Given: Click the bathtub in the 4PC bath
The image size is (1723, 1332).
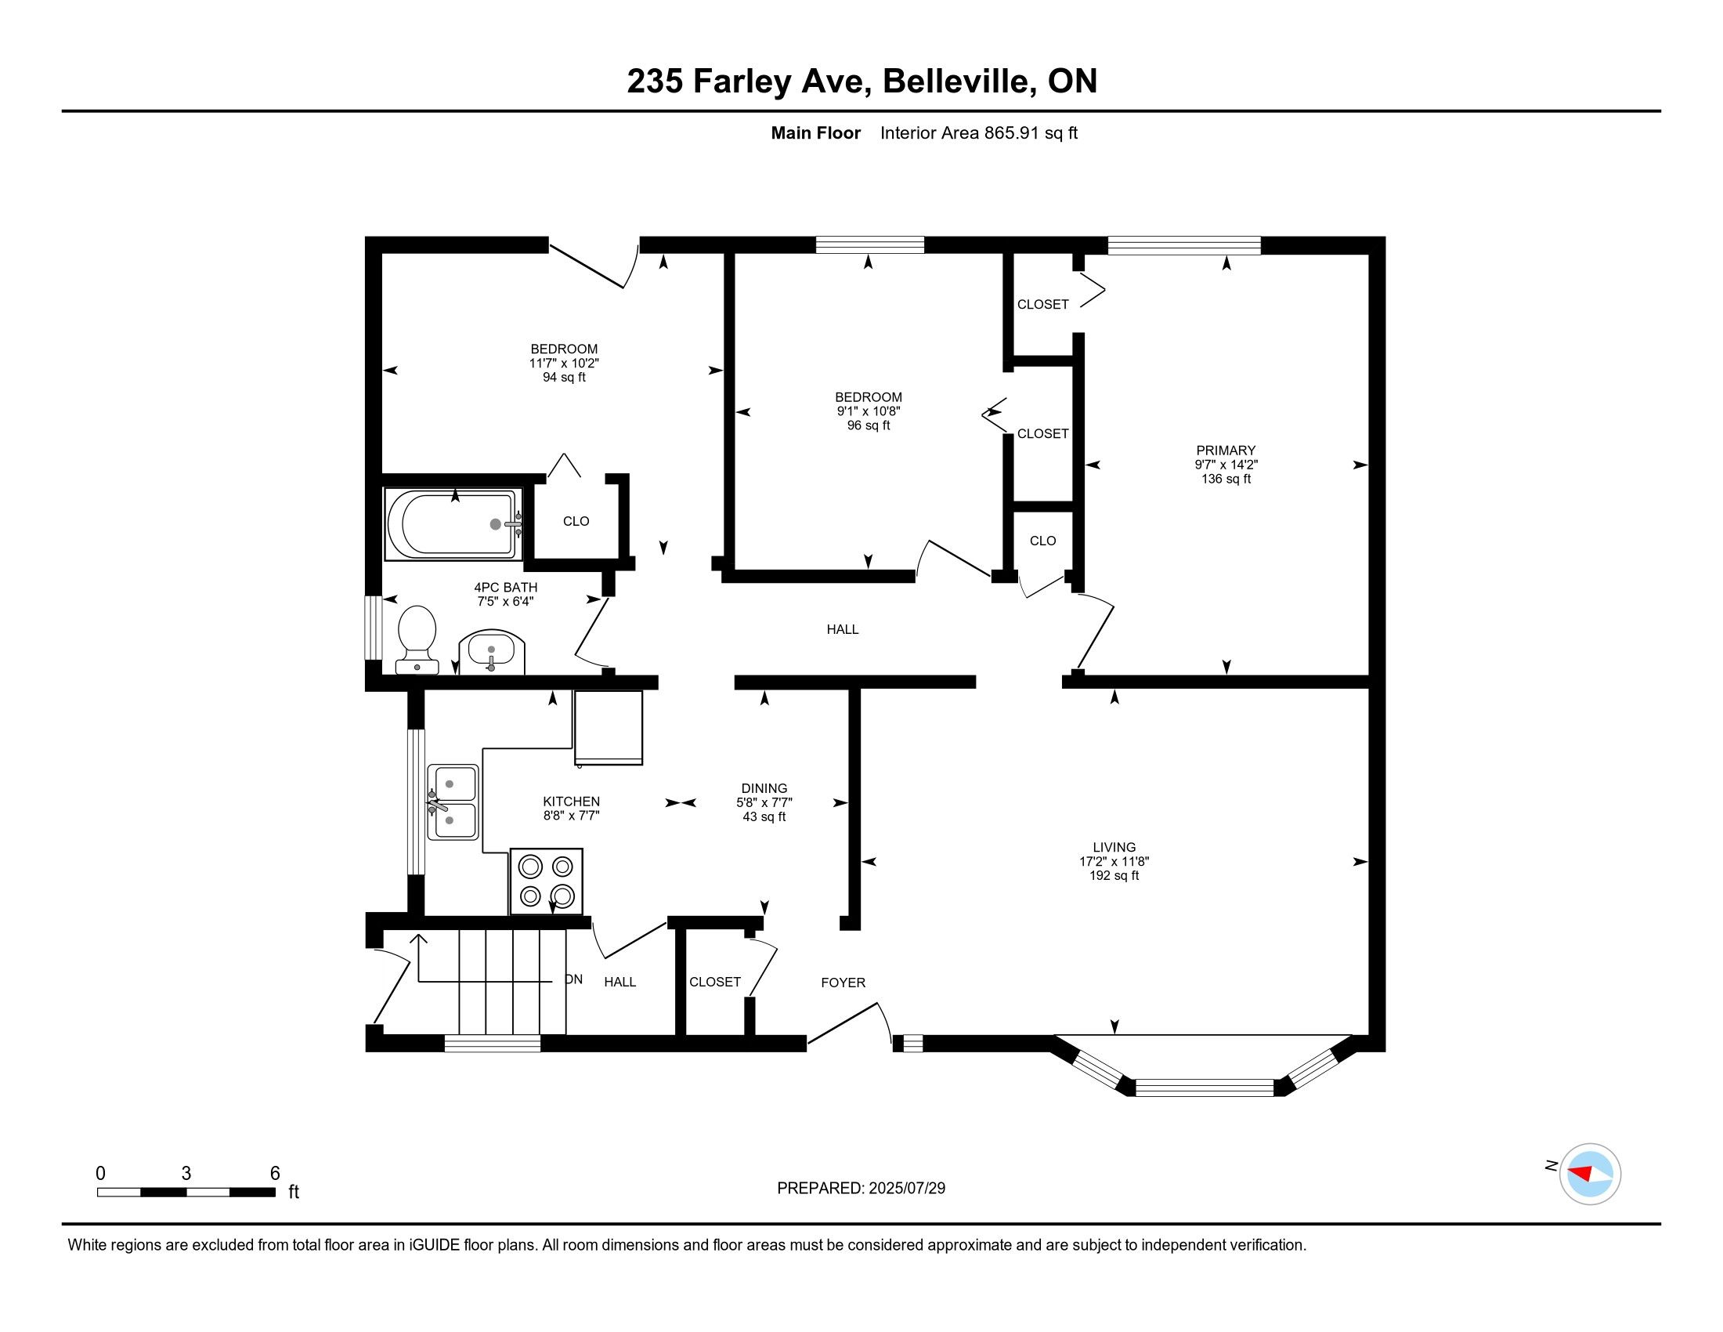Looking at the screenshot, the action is [x=453, y=524].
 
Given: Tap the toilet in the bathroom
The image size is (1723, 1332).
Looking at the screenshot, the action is [x=417, y=639].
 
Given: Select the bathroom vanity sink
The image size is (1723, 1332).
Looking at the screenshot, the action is [x=492, y=653].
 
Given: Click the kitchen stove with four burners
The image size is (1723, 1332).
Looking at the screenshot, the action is [x=547, y=881].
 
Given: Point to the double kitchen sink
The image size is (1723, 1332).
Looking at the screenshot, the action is [x=453, y=802].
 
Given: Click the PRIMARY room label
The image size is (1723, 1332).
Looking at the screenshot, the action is [x=1225, y=451].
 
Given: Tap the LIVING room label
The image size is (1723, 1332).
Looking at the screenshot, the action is [x=1114, y=848].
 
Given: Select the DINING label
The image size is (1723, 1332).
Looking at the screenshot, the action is [x=764, y=788].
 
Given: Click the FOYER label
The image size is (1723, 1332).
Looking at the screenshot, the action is [x=843, y=983].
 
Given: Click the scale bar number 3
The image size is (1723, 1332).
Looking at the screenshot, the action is [x=186, y=1174].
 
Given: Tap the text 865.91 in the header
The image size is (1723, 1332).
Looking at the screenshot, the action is [x=1012, y=133].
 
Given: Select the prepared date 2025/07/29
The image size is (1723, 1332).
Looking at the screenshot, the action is [x=906, y=1189].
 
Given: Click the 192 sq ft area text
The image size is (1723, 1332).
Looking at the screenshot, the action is [x=1114, y=876].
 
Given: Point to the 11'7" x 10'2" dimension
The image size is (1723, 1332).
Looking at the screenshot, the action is [x=564, y=364].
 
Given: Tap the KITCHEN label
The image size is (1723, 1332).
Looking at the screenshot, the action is [x=571, y=802].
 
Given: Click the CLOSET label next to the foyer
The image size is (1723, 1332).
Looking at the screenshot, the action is [x=715, y=983].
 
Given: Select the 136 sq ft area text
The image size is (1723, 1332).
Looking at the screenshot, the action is [x=1226, y=479].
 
